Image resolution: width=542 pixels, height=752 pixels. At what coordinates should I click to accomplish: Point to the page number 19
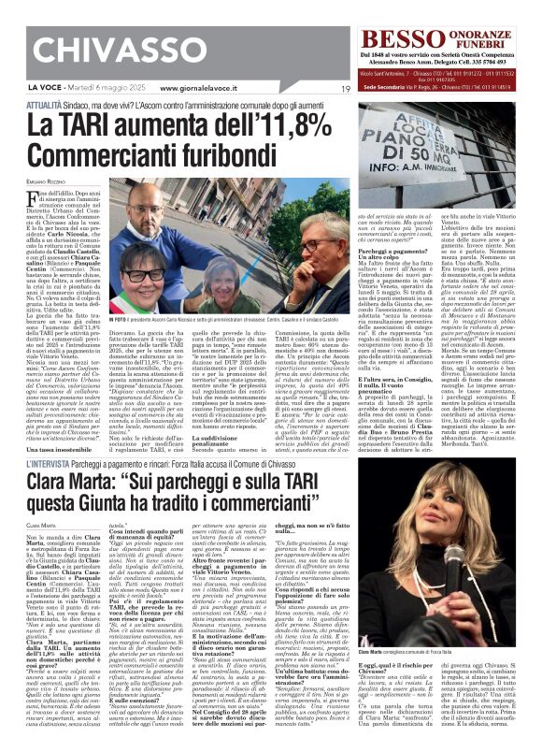[x=346, y=88]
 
